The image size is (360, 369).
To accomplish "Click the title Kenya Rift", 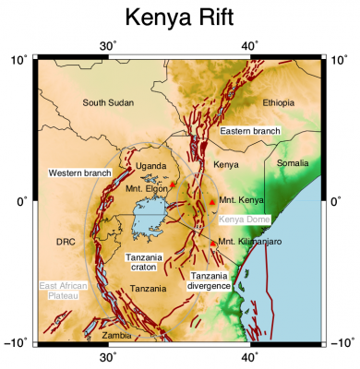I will point(179,18).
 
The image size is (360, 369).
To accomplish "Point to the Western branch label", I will point(80,173).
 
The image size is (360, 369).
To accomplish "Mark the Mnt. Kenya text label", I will point(242,199).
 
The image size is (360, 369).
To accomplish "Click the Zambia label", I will point(117,335).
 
